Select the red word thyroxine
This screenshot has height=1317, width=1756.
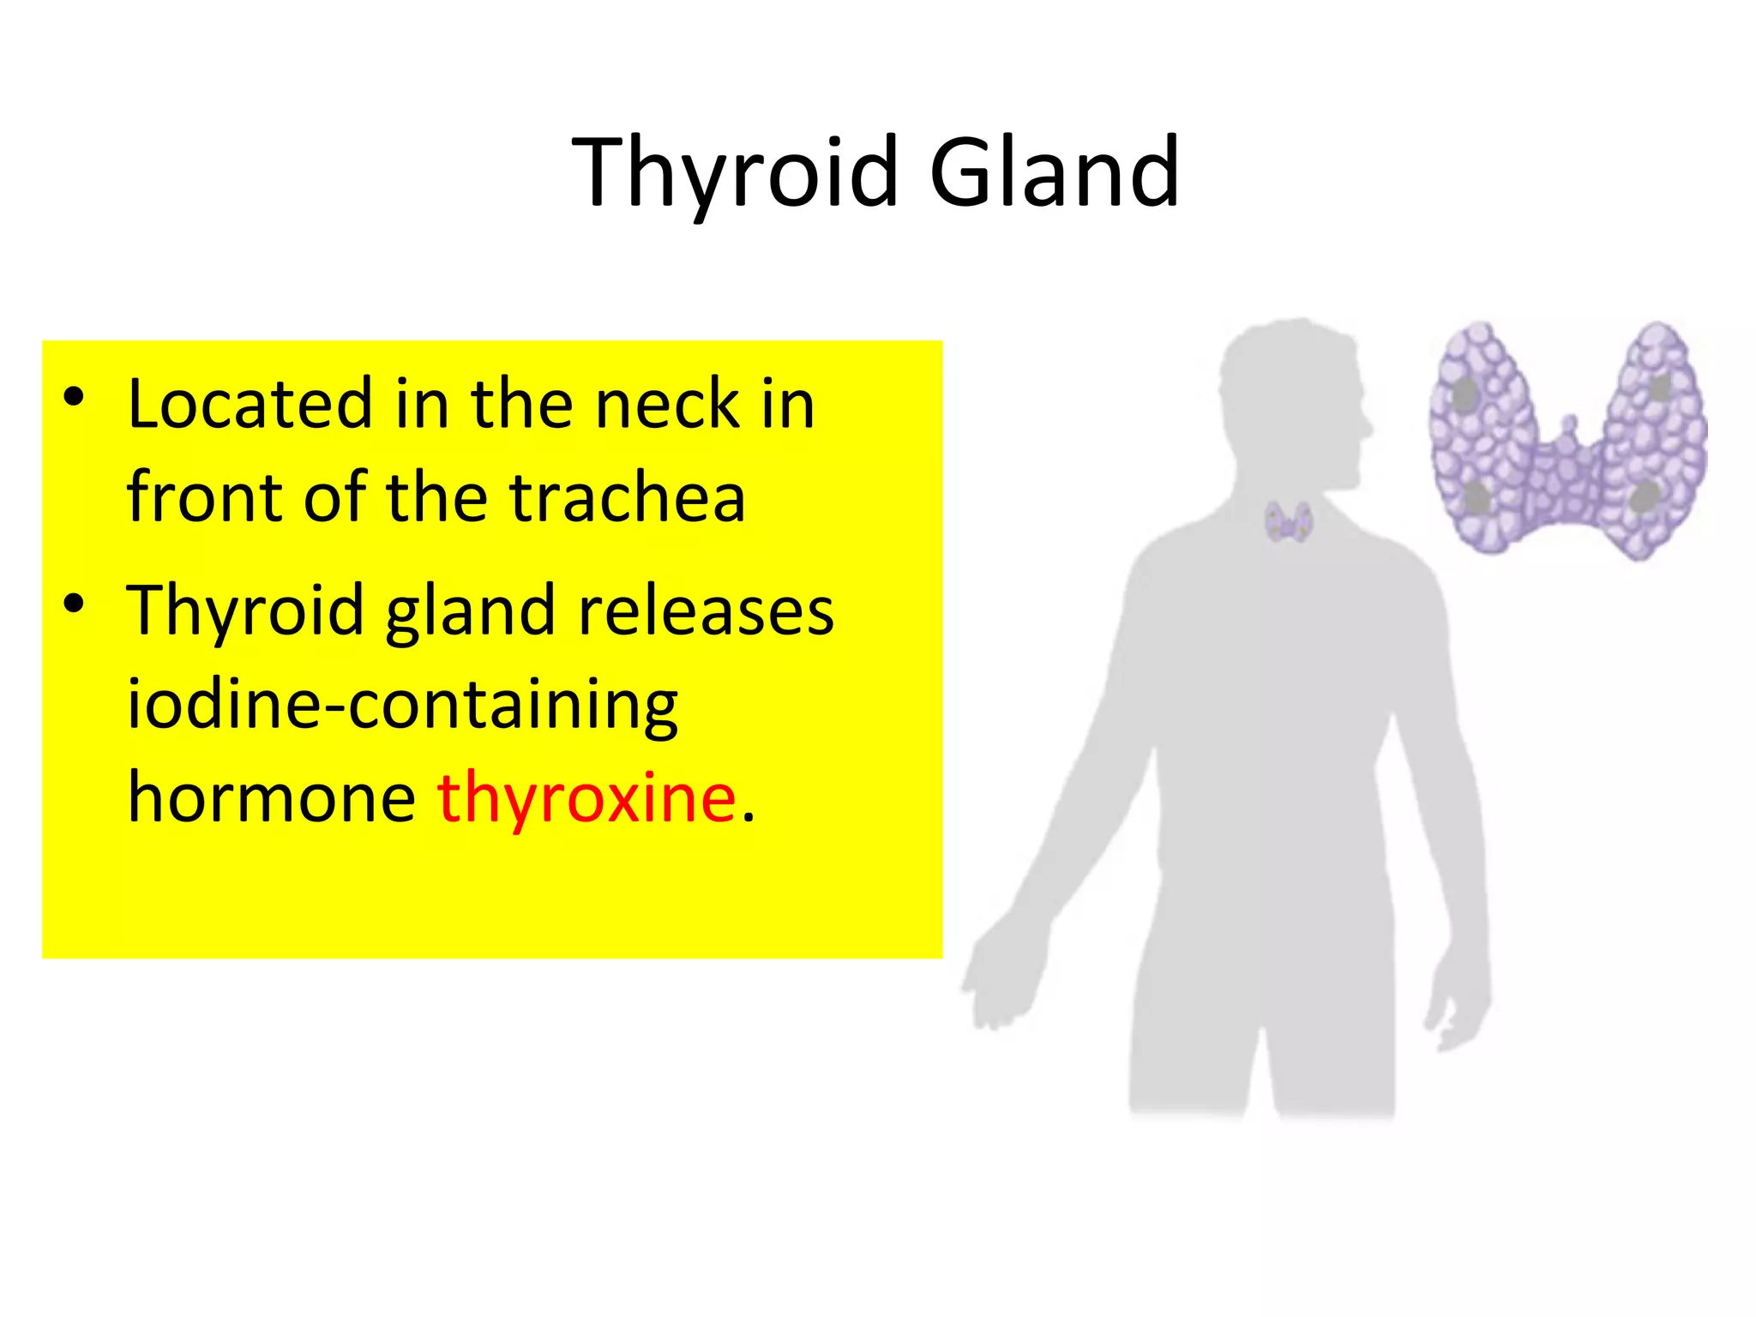pos(586,797)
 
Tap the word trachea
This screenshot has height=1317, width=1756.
pos(628,498)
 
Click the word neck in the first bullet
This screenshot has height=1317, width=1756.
pos(667,405)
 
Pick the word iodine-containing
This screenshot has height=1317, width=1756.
pos(402,705)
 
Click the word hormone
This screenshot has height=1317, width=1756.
pos(272,797)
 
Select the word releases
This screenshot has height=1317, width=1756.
pos(706,610)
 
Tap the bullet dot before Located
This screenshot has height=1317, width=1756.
pos(75,397)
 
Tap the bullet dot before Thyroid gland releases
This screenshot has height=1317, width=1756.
pos(75,603)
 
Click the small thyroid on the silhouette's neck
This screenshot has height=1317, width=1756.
pos(1288,521)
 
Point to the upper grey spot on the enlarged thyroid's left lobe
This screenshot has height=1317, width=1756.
pos(1465,394)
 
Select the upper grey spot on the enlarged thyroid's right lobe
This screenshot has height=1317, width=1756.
pos(1660,388)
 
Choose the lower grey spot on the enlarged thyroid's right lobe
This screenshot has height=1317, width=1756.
pos(1644,497)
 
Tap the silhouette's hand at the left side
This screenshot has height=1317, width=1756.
pos(999,977)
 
